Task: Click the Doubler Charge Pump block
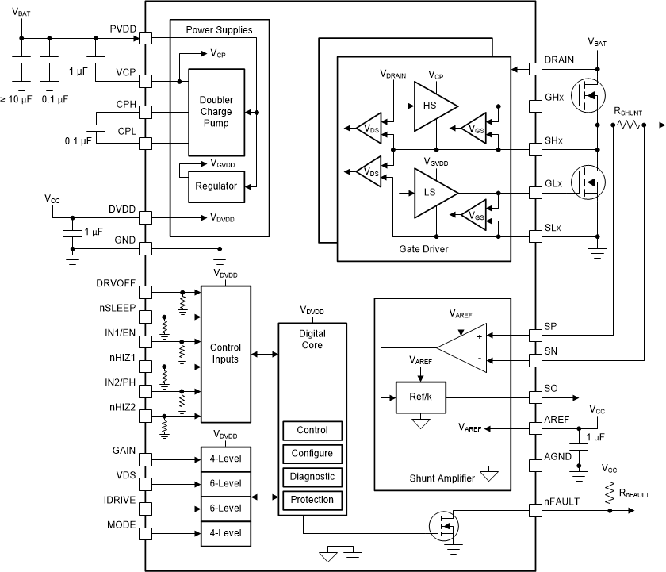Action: pos(216,112)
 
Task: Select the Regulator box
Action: pos(216,186)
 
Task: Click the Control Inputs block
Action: pos(225,354)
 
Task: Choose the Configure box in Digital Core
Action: pos(312,454)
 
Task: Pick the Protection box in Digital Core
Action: pos(312,500)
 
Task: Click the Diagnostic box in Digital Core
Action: pos(312,477)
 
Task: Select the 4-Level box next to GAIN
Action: pos(225,459)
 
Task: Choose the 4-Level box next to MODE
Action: pos(225,532)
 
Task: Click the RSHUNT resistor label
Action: pos(628,112)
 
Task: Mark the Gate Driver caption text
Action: pos(423,249)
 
